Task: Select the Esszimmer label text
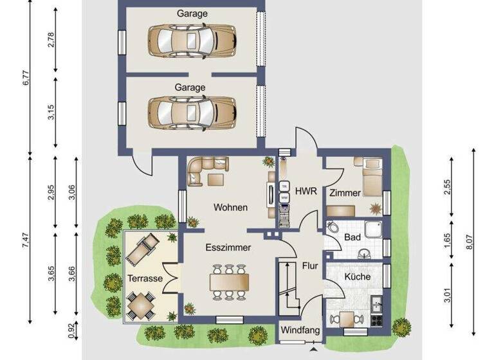click(228, 247)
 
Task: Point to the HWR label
click(303, 190)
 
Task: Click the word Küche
click(357, 276)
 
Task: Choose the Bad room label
click(352, 237)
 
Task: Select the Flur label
click(309, 265)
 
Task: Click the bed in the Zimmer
click(372, 177)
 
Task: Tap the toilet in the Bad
click(333, 228)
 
